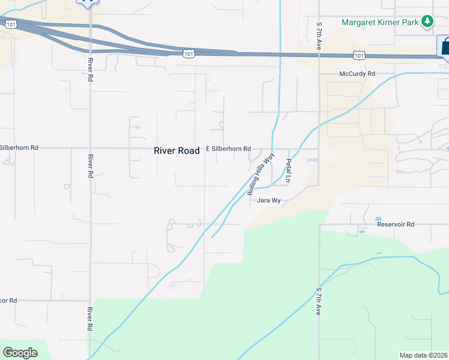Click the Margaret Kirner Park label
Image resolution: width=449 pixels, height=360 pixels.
pos(380,22)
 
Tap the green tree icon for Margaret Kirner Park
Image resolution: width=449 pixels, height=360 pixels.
pos(427,22)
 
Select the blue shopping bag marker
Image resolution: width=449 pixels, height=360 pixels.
pos(445,46)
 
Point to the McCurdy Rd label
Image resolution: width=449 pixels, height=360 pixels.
pos(357,74)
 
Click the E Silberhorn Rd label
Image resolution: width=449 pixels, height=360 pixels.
pos(228,148)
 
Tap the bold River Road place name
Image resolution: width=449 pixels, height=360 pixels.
pos(176,151)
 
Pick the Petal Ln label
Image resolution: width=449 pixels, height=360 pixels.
pos(288,170)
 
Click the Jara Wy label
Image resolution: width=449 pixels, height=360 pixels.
pos(269,200)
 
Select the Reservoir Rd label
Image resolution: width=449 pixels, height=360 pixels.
pos(396,224)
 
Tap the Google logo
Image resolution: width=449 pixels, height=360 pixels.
pos(20,352)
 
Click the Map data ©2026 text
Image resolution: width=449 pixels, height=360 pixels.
pos(423,355)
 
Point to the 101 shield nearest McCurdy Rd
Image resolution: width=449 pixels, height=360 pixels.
pos(359,55)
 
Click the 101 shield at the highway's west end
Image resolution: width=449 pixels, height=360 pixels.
pos(11,24)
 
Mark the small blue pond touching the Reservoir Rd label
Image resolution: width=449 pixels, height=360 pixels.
pos(378,218)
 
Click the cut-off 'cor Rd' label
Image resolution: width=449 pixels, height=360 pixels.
pos(8,300)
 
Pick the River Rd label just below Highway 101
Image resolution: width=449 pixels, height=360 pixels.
pos(90,70)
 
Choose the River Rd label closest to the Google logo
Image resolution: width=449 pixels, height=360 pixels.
pos(90,320)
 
